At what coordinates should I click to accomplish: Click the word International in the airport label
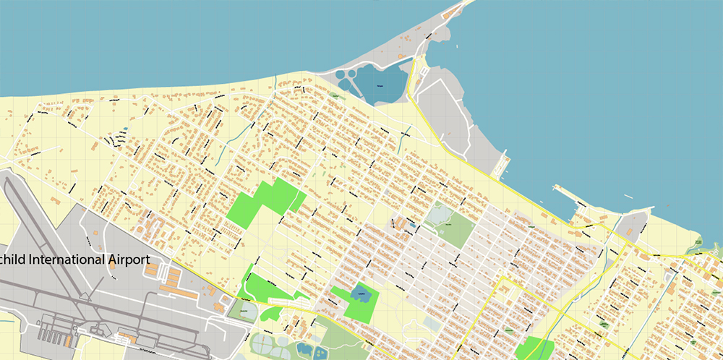coord(70,260)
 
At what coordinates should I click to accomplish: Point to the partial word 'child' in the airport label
coord(14,260)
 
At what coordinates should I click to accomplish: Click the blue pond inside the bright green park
coord(359,294)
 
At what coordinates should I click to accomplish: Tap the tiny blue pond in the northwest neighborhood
coord(125,129)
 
